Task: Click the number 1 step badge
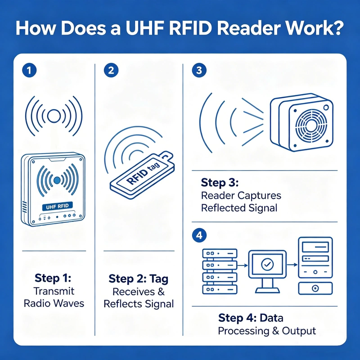pyautogui.click(x=28, y=70)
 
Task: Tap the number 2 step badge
pyautogui.click(x=110, y=70)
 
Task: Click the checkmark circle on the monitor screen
pyautogui.click(x=267, y=264)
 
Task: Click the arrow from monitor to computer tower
pyautogui.click(x=292, y=265)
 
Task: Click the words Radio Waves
pyautogui.click(x=54, y=303)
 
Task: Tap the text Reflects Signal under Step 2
pyautogui.click(x=139, y=304)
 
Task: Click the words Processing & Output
pyautogui.click(x=267, y=331)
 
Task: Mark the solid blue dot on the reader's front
pyautogui.click(x=57, y=180)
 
